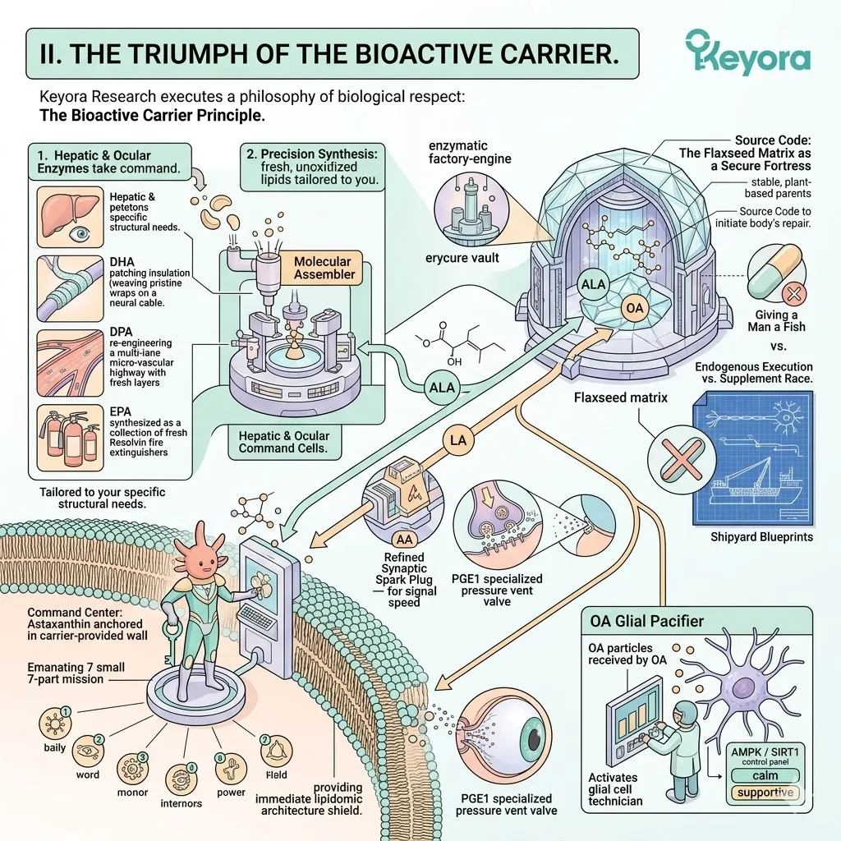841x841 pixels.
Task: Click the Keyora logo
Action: [x=747, y=53]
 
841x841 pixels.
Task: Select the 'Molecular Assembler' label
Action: [x=324, y=268]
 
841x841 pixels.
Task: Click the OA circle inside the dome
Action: [x=633, y=308]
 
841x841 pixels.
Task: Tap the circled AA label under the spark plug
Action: [x=403, y=539]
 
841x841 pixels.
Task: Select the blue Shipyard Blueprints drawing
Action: [x=753, y=457]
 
